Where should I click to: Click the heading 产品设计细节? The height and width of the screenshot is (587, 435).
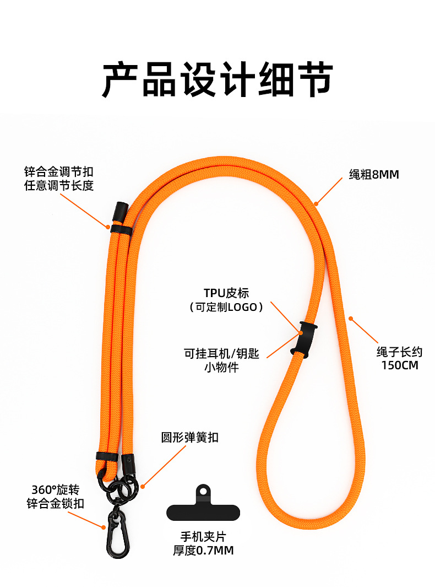pyautogui.click(x=218, y=80)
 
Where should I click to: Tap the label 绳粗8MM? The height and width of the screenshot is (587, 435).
pyautogui.click(x=374, y=175)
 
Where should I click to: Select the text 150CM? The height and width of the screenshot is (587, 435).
pyautogui.click(x=400, y=365)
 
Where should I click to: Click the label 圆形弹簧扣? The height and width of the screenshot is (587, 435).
pyautogui.click(x=189, y=438)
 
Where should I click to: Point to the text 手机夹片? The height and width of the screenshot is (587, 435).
pyautogui.click(x=203, y=536)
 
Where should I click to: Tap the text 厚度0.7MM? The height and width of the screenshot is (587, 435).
pyautogui.click(x=203, y=550)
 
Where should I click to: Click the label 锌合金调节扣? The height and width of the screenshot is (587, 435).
pyautogui.click(x=58, y=171)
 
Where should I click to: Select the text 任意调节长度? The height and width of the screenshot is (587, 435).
pyautogui.click(x=58, y=186)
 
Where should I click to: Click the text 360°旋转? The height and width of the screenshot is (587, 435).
pyautogui.click(x=55, y=489)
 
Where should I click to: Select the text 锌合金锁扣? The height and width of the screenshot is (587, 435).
pyautogui.click(x=55, y=504)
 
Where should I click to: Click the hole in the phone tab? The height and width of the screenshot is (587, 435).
pyautogui.click(x=203, y=490)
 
